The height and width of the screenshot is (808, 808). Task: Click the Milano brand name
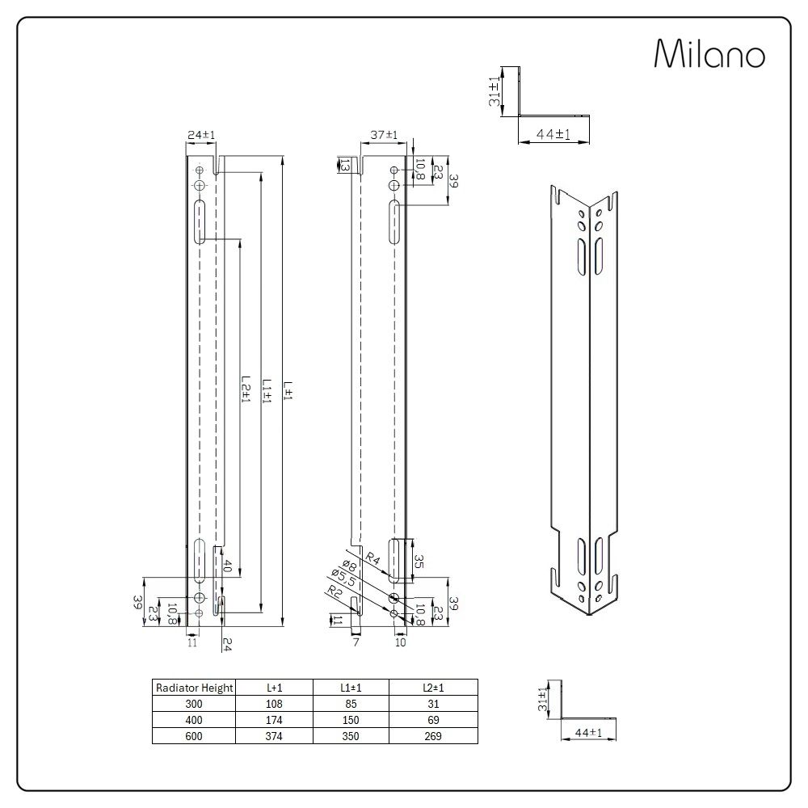pyautogui.click(x=709, y=55)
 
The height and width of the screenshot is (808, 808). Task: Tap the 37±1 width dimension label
pyautogui.click(x=385, y=134)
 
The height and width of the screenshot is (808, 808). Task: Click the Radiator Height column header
pyautogui.click(x=194, y=688)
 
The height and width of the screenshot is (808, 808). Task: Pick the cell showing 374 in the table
pyautogui.click(x=275, y=736)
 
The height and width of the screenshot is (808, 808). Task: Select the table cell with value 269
pyautogui.click(x=432, y=736)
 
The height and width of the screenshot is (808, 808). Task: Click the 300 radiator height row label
pyautogui.click(x=194, y=704)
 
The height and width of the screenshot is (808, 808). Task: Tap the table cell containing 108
pyautogui.click(x=275, y=704)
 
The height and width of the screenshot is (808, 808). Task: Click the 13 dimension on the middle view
pyautogui.click(x=345, y=165)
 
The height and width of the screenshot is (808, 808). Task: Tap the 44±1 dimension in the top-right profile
pyautogui.click(x=553, y=135)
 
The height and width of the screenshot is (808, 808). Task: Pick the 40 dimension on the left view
pyautogui.click(x=229, y=566)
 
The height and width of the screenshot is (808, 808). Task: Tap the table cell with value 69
pyautogui.click(x=432, y=720)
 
